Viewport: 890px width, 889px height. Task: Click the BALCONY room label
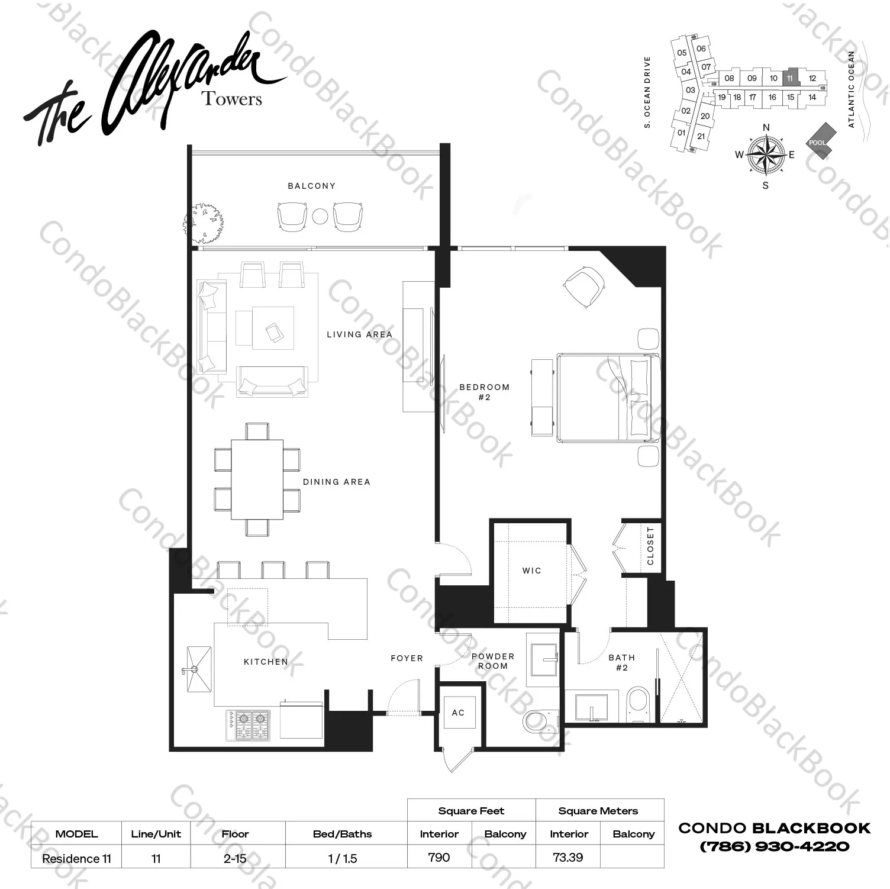(x=311, y=186)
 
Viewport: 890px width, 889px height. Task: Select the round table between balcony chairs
(x=320, y=217)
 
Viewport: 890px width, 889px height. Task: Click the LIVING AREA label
(x=359, y=334)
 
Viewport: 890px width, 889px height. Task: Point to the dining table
(x=257, y=479)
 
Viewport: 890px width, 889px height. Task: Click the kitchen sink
(x=198, y=669)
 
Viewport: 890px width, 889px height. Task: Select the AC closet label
(x=458, y=713)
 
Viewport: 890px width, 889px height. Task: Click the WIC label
(x=531, y=571)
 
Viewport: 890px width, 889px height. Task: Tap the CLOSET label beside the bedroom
(x=650, y=546)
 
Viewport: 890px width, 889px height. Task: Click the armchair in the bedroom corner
(x=585, y=286)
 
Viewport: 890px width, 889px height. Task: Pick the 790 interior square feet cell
(x=438, y=857)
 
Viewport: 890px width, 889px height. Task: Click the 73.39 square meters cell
(x=567, y=857)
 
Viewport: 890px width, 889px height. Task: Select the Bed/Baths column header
(x=342, y=834)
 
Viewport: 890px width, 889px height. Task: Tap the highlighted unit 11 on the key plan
(x=790, y=78)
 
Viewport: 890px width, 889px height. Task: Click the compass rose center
(x=766, y=154)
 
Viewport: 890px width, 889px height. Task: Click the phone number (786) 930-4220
(x=774, y=846)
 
